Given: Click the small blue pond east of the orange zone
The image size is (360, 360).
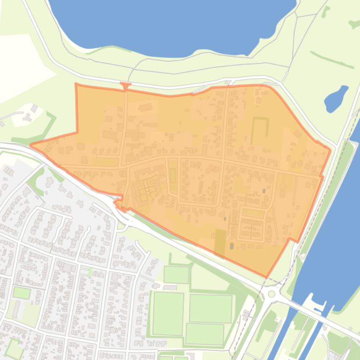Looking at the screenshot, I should point(336,99).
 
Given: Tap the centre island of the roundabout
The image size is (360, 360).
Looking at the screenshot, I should point(272,294).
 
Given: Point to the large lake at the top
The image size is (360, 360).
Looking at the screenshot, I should point(173,26).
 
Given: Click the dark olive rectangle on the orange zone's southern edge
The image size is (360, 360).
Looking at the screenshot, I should point(219,242).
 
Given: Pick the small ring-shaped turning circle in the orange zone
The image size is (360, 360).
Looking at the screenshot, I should point(283,187).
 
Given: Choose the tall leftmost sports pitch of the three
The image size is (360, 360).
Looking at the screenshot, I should point(168,314).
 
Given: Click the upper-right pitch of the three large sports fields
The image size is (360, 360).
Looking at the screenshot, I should point(210,308).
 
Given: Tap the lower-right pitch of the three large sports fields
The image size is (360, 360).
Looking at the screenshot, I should point(205,334).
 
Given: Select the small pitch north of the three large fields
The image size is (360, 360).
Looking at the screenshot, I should point(176,274).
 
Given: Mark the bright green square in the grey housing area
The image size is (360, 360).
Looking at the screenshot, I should point(22,293).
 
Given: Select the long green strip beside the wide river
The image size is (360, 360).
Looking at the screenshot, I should point(327,196).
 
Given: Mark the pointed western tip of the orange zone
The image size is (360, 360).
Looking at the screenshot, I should point(32,145).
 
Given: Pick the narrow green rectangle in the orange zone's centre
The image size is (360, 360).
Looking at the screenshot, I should point(173,176).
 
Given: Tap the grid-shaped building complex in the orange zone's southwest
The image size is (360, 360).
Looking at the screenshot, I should point(144,191).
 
